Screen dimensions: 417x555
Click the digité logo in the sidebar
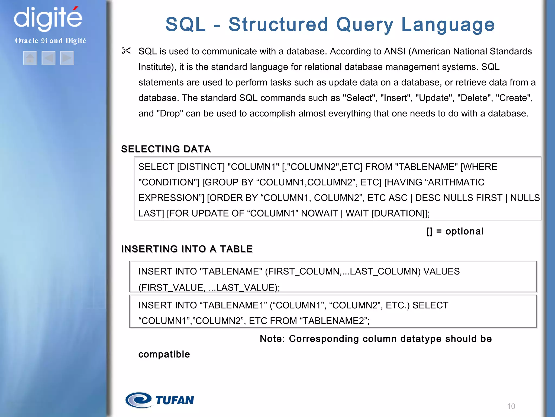tap(48, 18)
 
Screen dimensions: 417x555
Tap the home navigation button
tap(30, 58)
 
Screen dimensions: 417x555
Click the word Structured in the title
tap(278, 24)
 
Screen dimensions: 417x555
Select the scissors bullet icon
tap(126, 51)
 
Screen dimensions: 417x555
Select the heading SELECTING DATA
tap(166, 149)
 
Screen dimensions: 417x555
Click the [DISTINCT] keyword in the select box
tap(201, 167)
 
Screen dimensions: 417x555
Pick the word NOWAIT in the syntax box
tap(319, 213)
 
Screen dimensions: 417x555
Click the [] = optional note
tap(455, 231)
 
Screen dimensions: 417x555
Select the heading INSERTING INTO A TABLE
tap(187, 249)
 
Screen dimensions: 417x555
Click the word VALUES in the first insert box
tap(441, 271)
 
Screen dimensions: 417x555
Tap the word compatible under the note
tap(164, 354)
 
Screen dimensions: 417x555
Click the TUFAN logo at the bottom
tap(160, 400)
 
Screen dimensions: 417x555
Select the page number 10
tap(511, 406)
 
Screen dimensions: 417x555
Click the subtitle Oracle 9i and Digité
tap(50, 41)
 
